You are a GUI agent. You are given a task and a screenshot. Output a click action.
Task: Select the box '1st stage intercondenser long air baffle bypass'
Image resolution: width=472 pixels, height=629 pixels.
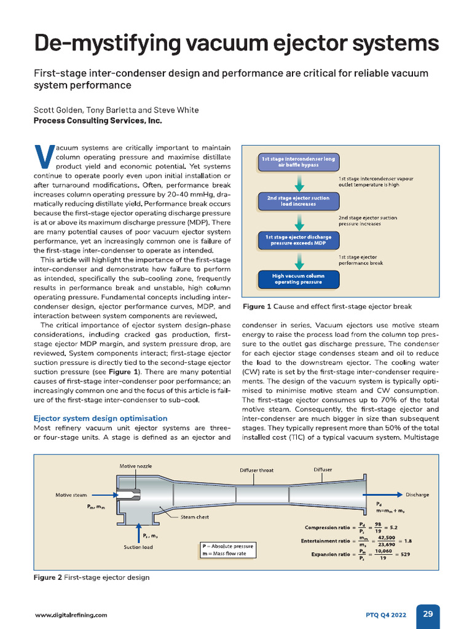click(x=298, y=162)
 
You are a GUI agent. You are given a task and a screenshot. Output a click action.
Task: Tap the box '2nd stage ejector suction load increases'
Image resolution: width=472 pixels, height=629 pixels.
click(x=298, y=201)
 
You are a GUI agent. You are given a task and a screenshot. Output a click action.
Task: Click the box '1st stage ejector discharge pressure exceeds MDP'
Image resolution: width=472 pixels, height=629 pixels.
click(x=298, y=240)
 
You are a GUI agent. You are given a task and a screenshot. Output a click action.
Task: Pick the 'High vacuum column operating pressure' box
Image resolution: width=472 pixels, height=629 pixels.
click(x=298, y=279)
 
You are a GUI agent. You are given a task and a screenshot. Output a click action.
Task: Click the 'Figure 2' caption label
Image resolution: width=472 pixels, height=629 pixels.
click(x=48, y=577)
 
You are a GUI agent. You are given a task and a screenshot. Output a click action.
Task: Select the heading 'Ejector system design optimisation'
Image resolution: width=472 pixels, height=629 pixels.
click(x=100, y=418)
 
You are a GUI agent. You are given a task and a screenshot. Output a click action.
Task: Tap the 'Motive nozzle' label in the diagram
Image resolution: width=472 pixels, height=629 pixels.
click(x=135, y=466)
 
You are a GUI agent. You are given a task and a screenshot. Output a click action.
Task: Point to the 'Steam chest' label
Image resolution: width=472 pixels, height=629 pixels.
click(x=194, y=517)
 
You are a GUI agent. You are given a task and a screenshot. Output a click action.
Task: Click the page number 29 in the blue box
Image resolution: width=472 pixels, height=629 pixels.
click(x=428, y=614)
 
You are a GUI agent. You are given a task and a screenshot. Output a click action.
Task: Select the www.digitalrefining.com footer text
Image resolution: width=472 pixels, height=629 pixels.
click(x=71, y=614)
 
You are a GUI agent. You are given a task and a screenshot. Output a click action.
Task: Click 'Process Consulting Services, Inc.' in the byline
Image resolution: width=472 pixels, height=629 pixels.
click(x=97, y=121)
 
